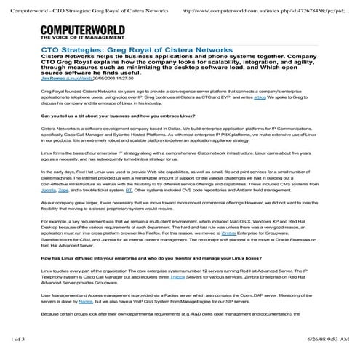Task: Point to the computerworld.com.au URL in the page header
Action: click(258, 10)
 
